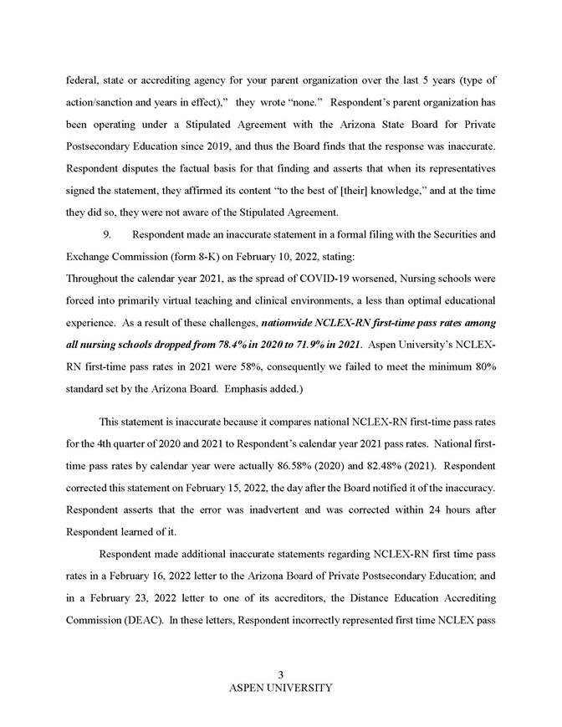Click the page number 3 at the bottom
(x=281, y=675)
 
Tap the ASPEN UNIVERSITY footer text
(x=281, y=688)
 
